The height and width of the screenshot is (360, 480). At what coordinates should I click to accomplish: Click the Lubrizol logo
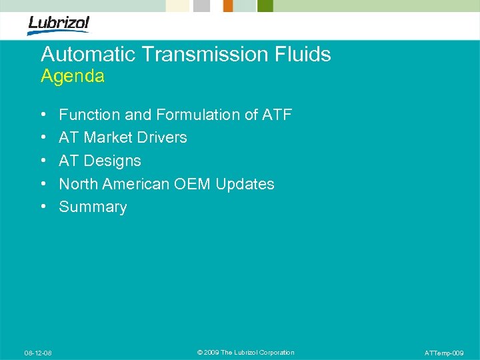click(58, 25)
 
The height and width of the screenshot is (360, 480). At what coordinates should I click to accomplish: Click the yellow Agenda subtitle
click(73, 77)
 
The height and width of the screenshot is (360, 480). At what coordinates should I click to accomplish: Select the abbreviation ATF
click(277, 115)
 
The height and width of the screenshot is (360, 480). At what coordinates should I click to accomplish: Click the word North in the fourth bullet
click(78, 184)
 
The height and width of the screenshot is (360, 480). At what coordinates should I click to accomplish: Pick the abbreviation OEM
click(193, 184)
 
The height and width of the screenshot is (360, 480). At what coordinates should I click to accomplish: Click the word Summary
click(93, 207)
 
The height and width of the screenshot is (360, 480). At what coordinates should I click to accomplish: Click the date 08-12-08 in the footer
click(39, 353)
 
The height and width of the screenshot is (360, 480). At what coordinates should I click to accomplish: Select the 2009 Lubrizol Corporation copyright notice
click(246, 353)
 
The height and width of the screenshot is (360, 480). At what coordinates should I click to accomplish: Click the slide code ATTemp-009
click(443, 353)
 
